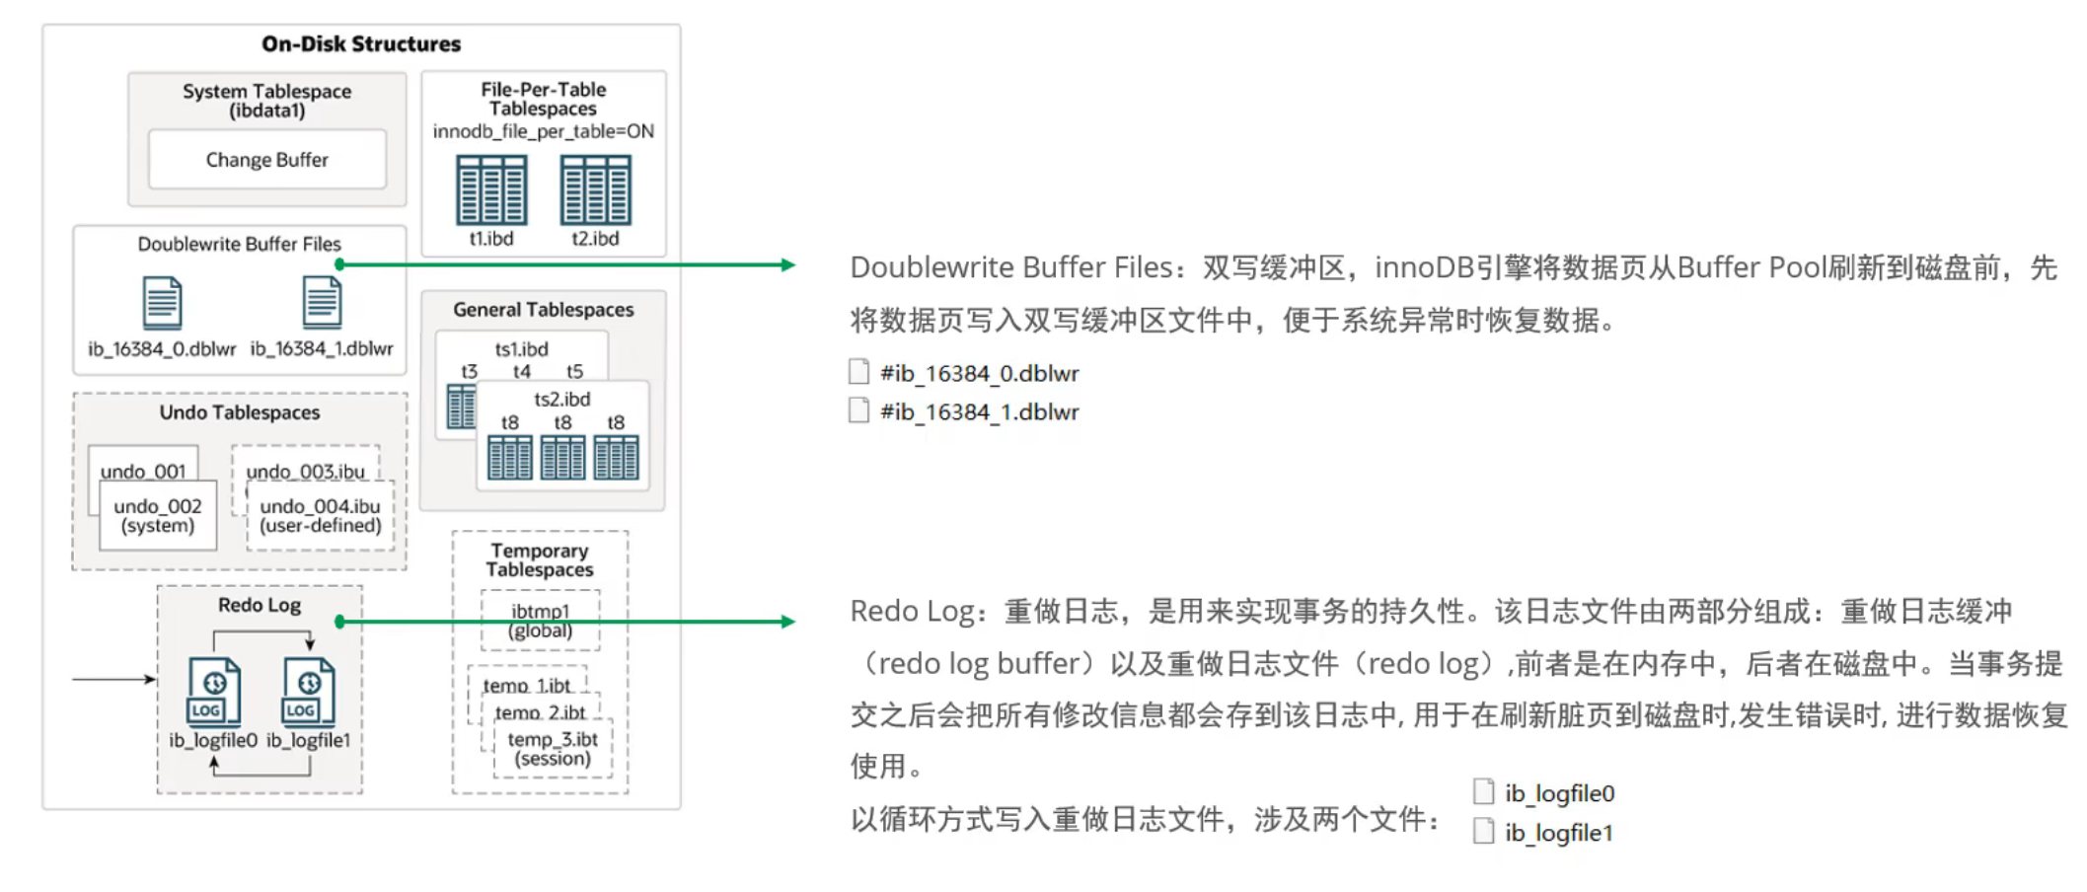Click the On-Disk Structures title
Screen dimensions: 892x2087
pos(361,43)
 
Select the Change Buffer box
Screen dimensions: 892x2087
pos(266,159)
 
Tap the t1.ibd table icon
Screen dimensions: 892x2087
pos(491,190)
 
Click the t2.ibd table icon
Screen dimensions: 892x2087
pos(595,190)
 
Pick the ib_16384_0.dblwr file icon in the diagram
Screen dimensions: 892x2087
pos(162,303)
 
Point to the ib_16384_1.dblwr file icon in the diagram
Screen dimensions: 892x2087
pos(322,302)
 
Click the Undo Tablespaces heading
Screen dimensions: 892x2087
pos(240,412)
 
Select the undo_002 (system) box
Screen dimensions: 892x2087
pos(158,516)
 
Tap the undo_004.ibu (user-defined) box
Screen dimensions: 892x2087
pos(320,516)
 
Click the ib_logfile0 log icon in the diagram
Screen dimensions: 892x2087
pos(213,691)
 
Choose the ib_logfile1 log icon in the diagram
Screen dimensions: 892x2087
pos(308,691)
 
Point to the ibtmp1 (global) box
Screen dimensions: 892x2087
pos(540,621)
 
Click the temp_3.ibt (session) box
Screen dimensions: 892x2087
pos(553,749)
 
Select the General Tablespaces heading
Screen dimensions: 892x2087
pos(544,310)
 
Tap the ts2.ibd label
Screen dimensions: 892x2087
pos(562,399)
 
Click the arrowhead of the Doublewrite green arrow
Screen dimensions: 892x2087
pos(787,264)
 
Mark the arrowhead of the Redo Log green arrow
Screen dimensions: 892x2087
pos(787,622)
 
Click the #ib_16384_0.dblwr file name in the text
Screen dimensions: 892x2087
pos(979,373)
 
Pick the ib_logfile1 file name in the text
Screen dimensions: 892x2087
pos(1559,833)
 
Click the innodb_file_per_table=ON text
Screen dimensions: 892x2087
pos(544,131)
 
